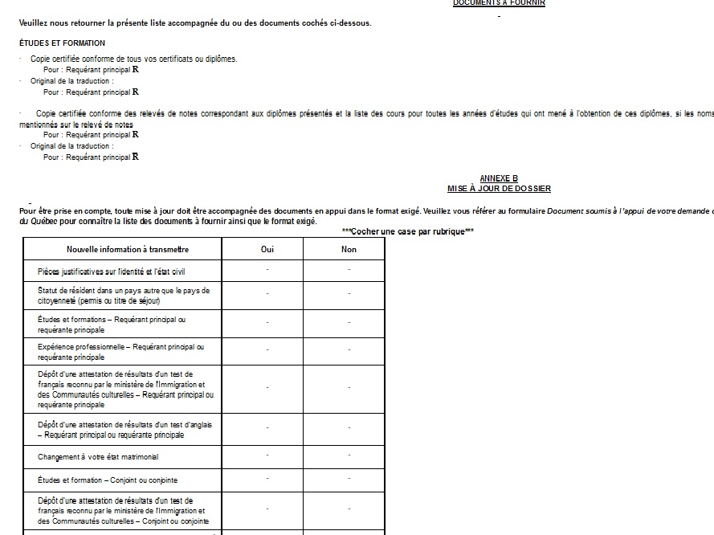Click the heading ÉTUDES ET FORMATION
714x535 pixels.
pyautogui.click(x=62, y=43)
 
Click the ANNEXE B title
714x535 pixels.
pyautogui.click(x=499, y=178)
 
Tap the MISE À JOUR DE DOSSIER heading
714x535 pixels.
pyautogui.click(x=499, y=189)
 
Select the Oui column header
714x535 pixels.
pyautogui.click(x=267, y=250)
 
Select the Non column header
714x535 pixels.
pyautogui.click(x=349, y=250)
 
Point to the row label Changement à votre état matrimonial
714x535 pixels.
pyautogui.click(x=98, y=457)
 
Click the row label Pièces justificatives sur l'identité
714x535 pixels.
pyautogui.click(x=111, y=272)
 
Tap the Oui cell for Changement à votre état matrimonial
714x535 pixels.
pyautogui.click(x=267, y=456)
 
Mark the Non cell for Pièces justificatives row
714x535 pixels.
pyautogui.click(x=349, y=272)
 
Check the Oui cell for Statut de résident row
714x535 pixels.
pyautogui.click(x=267, y=295)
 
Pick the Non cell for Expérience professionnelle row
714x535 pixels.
pyautogui.click(x=349, y=351)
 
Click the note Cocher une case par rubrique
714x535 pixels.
pyautogui.click(x=407, y=231)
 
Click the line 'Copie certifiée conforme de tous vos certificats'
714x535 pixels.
pyautogui.click(x=134, y=59)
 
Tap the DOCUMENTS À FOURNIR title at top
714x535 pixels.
pyautogui.click(x=499, y=3)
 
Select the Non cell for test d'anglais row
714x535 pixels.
pyautogui.click(x=349, y=429)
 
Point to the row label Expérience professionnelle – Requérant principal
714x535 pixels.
pyautogui.click(x=120, y=352)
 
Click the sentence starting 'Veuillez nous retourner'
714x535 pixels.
pyautogui.click(x=195, y=22)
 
